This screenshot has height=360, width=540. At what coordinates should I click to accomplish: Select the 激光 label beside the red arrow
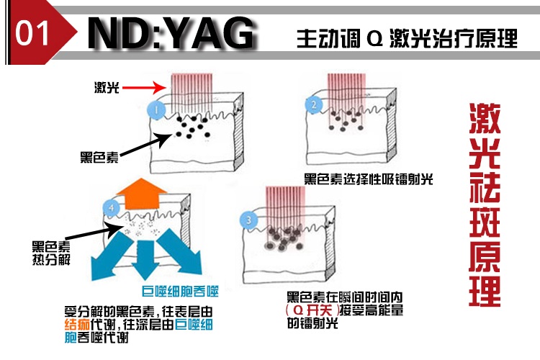tap(107, 88)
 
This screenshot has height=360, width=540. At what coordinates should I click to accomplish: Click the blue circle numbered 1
tap(153, 109)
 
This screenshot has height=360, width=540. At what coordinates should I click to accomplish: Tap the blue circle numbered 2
tap(314, 104)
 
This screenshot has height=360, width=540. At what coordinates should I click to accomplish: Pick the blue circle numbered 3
tap(249, 220)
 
